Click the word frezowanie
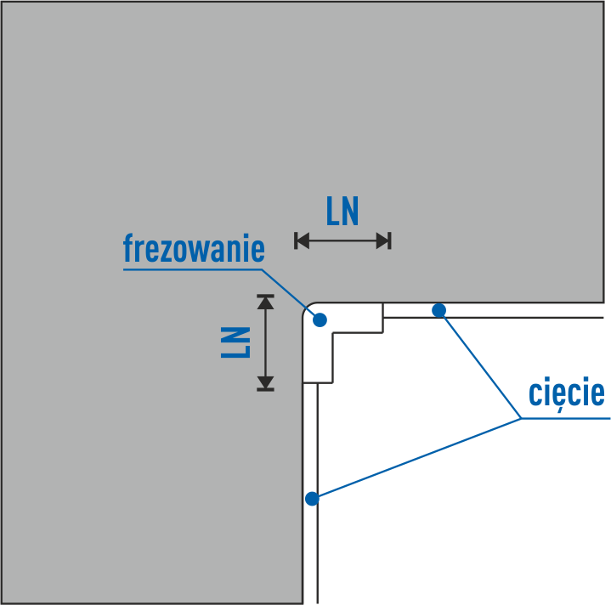(x=194, y=249)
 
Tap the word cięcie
(x=566, y=393)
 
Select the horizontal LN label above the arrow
(x=342, y=212)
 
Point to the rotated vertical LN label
(x=235, y=342)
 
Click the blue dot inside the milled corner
(x=320, y=319)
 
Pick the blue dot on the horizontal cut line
(x=438, y=310)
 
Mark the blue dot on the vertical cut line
(x=312, y=498)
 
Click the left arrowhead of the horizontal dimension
(x=301, y=241)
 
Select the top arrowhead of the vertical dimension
(x=266, y=302)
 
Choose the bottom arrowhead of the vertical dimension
(x=266, y=383)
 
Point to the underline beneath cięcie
(x=566, y=418)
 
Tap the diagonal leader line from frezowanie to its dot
(x=288, y=293)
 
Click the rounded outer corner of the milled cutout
(x=308, y=308)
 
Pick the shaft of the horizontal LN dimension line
(x=342, y=241)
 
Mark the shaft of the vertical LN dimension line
(x=266, y=342)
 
